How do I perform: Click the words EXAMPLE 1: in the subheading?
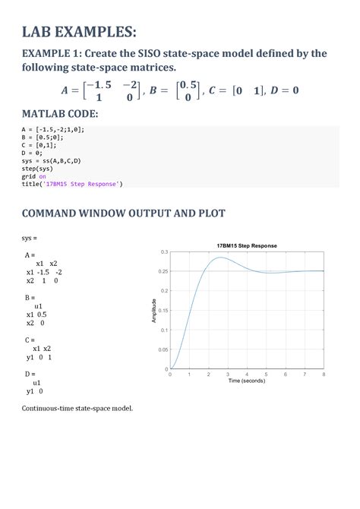51,54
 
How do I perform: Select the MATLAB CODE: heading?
60,114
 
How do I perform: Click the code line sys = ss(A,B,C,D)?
52,161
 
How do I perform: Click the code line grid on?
33,176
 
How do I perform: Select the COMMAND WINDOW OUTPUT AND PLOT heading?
123,213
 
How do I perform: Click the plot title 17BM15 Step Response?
247,245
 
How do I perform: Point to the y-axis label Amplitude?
154,310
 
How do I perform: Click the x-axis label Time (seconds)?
247,381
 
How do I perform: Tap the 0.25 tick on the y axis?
163,271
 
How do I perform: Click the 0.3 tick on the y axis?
164,251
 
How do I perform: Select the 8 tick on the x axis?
324,375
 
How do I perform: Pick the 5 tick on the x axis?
267,375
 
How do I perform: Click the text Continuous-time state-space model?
77,408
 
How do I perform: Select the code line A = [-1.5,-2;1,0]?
52,130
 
